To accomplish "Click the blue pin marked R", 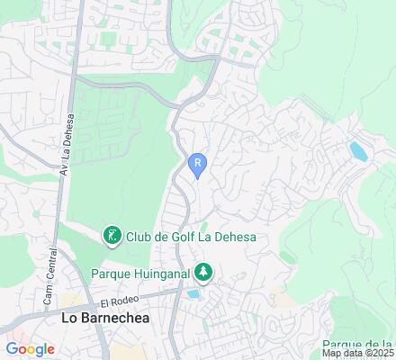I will pos(197,164).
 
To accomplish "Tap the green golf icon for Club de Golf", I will pos(112,236).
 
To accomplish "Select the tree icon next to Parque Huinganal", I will pos(204,270).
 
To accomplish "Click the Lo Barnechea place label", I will pos(104,319).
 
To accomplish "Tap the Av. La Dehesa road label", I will pos(66,145).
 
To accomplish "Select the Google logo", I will pos(30,349).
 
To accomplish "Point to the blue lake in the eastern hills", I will pos(357,150).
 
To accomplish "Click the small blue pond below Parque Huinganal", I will pos(193,293).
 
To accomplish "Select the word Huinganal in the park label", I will pos(162,271).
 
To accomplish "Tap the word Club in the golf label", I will pos(139,237).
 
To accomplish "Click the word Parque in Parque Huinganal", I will pos(112,271).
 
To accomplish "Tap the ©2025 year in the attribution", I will pos(380,354).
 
